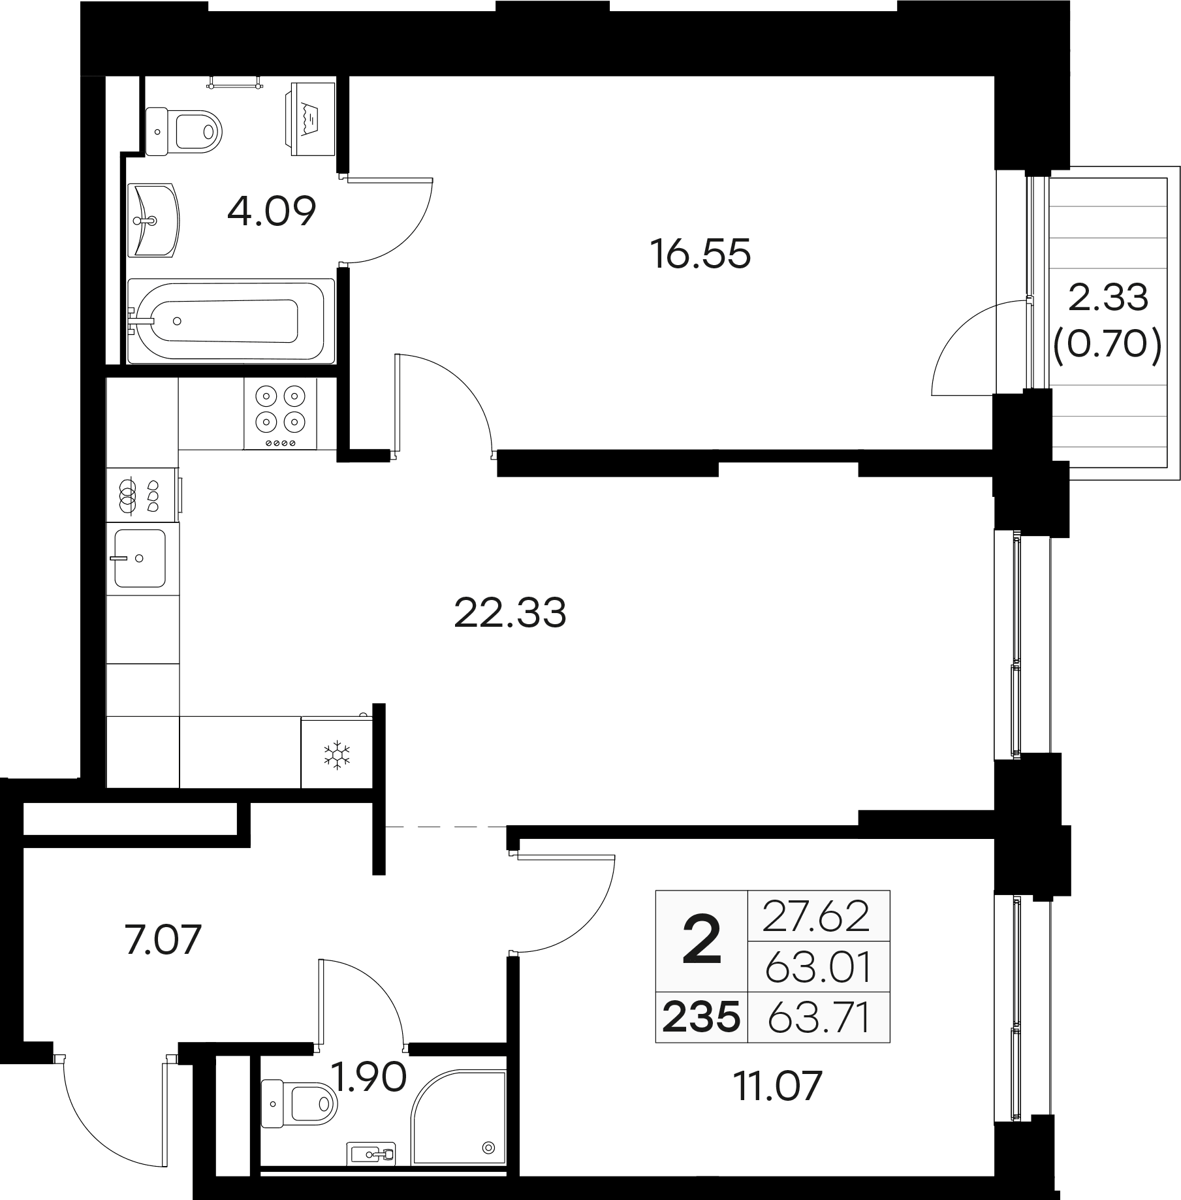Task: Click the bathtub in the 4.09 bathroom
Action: click(x=230, y=321)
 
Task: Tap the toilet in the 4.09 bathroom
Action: click(x=183, y=131)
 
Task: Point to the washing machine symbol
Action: click(x=310, y=119)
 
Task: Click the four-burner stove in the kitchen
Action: click(x=280, y=414)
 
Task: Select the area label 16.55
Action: click(x=701, y=254)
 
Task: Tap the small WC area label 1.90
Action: click(x=369, y=1077)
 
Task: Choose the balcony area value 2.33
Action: click(x=1108, y=298)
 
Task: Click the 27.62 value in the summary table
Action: click(x=816, y=916)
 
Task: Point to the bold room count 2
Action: click(x=702, y=939)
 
